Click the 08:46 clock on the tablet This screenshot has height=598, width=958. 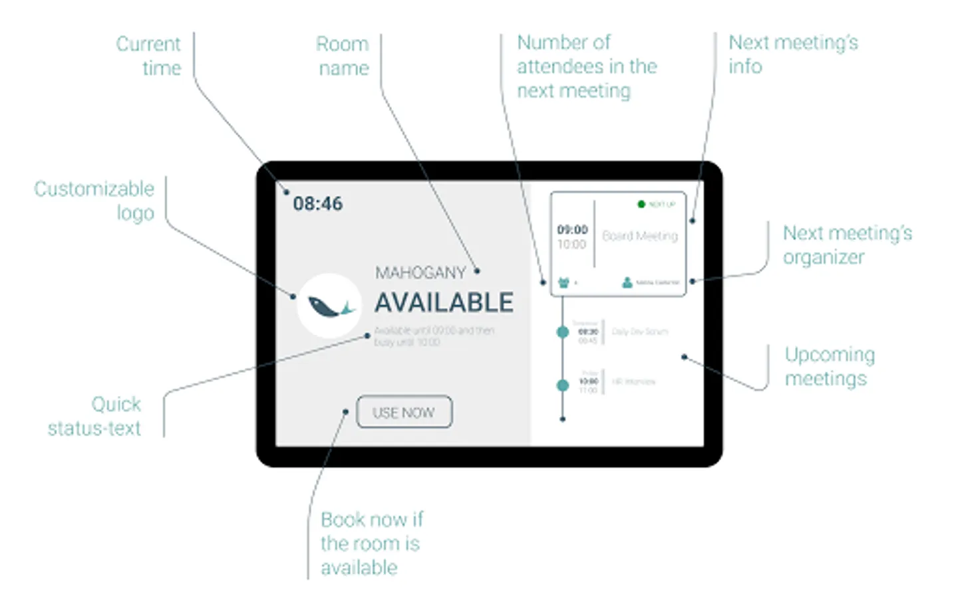point(318,203)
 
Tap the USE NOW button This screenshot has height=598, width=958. point(404,413)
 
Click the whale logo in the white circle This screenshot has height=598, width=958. point(329,306)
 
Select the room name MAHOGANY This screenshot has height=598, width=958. point(420,272)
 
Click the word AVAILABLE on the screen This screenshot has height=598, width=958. point(444,303)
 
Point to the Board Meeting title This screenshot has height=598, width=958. point(640,236)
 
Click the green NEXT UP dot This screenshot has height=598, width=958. point(641,204)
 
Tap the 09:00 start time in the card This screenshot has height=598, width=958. point(572,230)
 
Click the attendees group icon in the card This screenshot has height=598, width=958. point(564,282)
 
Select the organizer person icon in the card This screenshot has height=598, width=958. point(627,282)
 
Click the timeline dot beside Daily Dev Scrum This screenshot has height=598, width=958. point(563,332)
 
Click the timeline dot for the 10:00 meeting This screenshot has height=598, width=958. point(563,385)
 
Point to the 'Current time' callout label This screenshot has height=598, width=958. point(149,56)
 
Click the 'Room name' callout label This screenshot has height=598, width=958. point(343,56)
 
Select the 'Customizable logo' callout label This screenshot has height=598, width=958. point(94,201)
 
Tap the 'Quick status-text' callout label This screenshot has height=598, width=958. point(95,416)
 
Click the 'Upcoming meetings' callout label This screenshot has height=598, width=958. point(829,366)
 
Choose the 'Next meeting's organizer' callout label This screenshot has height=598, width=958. point(847,245)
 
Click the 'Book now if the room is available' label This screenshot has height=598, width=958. point(371,543)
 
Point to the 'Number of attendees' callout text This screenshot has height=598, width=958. point(586,66)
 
